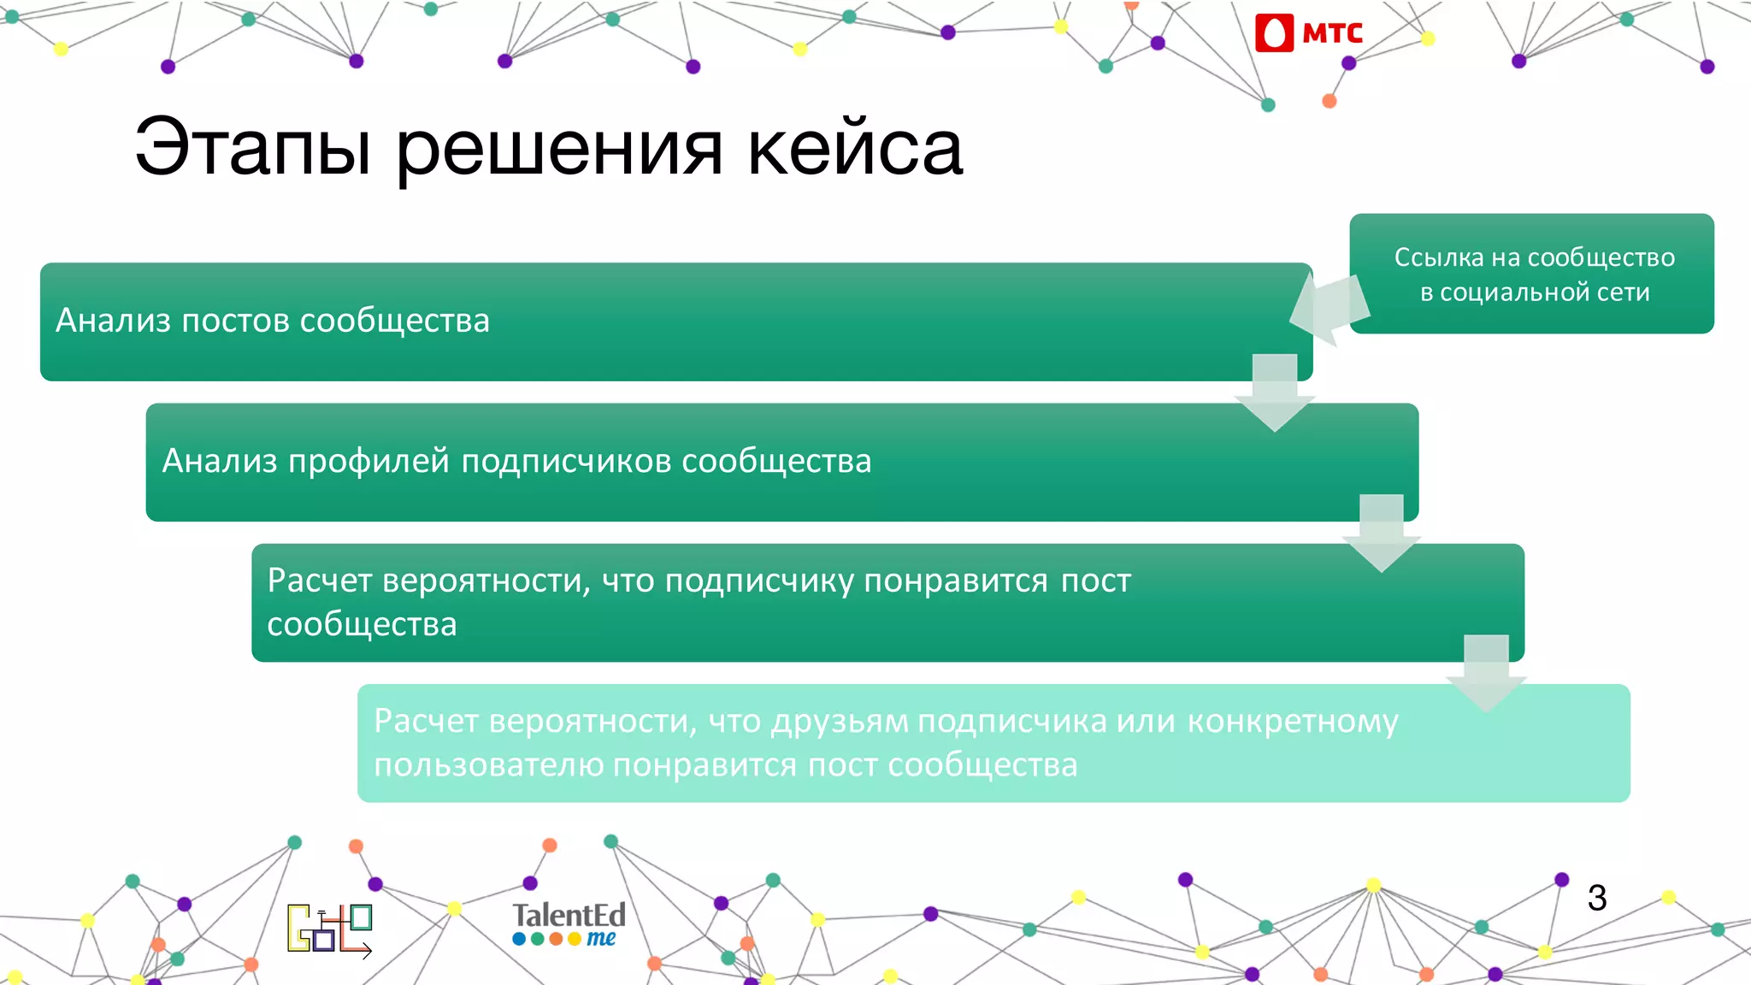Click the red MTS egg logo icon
pyautogui.click(x=1274, y=33)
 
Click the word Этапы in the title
pyautogui.click(x=253, y=147)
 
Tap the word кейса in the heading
pyautogui.click(x=855, y=147)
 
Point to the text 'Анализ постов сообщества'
pyautogui.click(x=273, y=321)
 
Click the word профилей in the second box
pyautogui.click(x=368, y=461)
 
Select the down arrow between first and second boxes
pyautogui.click(x=1275, y=394)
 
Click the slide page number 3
pyautogui.click(x=1596, y=898)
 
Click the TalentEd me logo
pyautogui.click(x=569, y=924)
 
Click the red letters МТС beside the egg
pyautogui.click(x=1332, y=33)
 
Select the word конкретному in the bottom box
pyautogui.click(x=1293, y=722)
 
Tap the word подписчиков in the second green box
pyautogui.click(x=568, y=461)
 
